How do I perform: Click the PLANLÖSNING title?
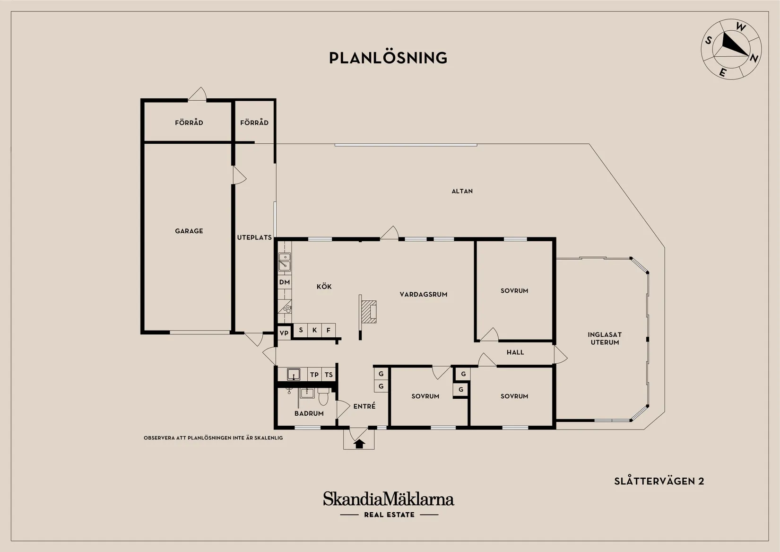pos(388,58)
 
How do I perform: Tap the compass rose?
pos(731,49)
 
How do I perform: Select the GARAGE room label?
pos(189,231)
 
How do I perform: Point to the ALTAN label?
pos(462,191)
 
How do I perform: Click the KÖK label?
pos(324,287)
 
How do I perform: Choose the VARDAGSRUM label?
pos(424,295)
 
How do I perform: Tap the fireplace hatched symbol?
pos(369,312)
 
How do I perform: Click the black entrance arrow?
pos(359,444)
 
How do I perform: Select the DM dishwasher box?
pos(285,282)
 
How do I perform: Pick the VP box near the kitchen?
pos(284,333)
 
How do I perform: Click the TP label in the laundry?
pos(314,375)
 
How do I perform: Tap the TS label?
pos(329,375)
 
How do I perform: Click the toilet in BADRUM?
pos(323,396)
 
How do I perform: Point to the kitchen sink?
pos(285,262)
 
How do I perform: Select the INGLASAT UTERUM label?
pos(605,338)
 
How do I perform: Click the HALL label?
pos(515,352)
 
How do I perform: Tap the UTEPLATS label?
pos(254,237)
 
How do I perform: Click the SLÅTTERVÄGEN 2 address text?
pos(659,481)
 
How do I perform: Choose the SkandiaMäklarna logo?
pos(389,504)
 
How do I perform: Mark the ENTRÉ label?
pos(364,406)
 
